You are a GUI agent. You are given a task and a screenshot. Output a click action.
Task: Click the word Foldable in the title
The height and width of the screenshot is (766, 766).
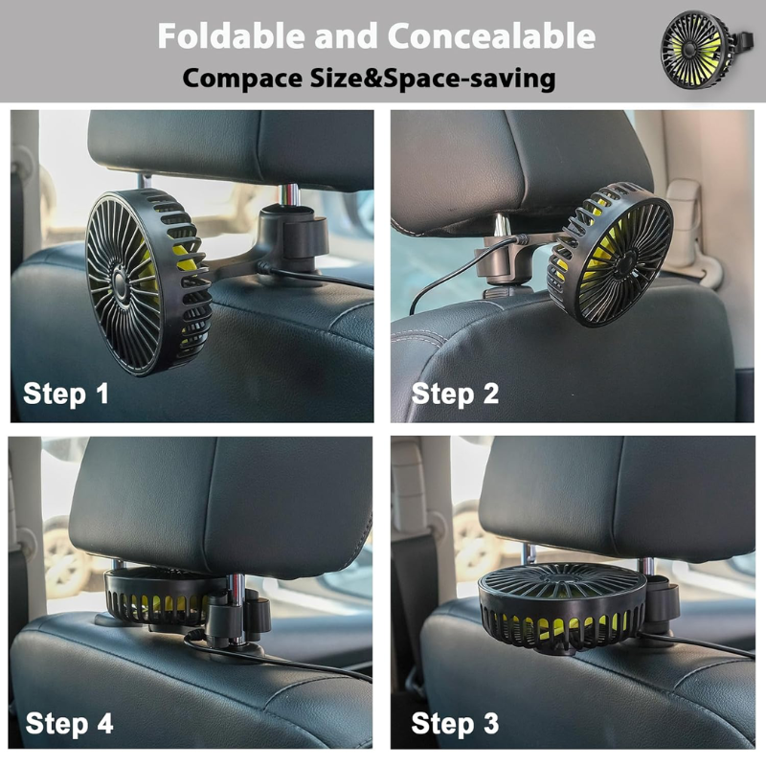(x=232, y=36)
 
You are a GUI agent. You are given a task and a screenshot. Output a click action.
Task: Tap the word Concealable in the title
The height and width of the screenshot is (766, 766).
(x=492, y=36)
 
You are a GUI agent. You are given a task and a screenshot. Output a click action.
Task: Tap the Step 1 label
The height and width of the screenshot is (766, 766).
(x=66, y=394)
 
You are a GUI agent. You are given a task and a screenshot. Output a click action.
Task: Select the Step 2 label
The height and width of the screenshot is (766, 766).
(x=455, y=394)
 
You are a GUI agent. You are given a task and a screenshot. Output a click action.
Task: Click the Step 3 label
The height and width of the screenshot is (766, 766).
(x=455, y=723)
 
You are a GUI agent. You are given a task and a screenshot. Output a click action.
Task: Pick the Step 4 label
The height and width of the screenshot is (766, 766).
(x=69, y=723)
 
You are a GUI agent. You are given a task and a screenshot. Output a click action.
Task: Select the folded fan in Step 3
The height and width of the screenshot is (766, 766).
(x=562, y=607)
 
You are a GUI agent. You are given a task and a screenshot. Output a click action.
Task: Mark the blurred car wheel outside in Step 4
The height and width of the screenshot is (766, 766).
(x=67, y=557)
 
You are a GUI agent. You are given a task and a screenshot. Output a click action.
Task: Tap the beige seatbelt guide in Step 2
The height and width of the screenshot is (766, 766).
(x=693, y=230)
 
